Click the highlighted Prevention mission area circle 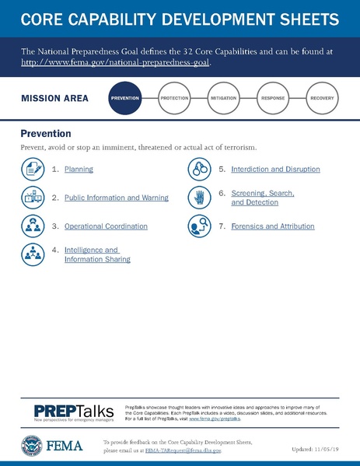coord(125,99)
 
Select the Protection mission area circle coord(174,99)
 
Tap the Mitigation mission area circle coord(224,99)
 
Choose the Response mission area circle coord(273,99)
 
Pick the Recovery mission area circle coord(322,99)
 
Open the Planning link coord(79,169)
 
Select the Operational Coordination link coord(106,226)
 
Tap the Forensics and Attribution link coord(273,226)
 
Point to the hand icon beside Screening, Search coord(200,197)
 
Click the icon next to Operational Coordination coord(33,226)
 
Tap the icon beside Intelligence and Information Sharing coord(33,254)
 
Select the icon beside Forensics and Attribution coord(200,226)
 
